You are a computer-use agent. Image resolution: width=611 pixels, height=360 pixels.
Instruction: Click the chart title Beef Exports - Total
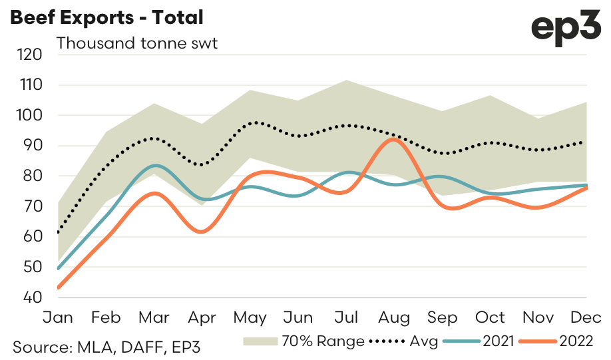tap(106, 17)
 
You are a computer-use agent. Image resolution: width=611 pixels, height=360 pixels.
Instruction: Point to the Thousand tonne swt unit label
tap(137, 44)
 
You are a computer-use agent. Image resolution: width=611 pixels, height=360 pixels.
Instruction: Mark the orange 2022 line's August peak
tap(393, 139)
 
